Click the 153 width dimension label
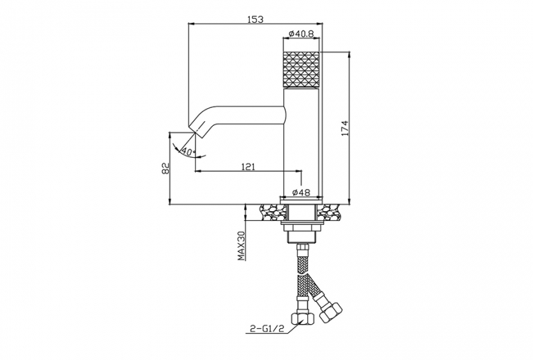(255, 19)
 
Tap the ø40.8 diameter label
(301, 33)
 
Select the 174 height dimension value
(345, 129)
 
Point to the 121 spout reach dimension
(248, 167)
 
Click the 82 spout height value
(165, 168)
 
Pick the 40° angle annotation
(188, 152)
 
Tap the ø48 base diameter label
(301, 192)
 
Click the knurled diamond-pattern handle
(301, 69)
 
